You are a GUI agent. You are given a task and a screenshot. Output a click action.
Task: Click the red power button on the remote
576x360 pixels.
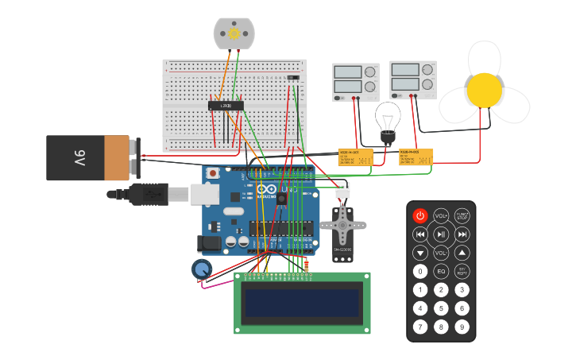(x=420, y=216)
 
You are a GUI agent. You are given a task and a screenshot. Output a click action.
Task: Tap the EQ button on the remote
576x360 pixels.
(x=441, y=271)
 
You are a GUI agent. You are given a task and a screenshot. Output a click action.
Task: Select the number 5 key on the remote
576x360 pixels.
(x=441, y=308)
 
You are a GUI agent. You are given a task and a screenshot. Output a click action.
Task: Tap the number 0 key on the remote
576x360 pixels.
(x=420, y=271)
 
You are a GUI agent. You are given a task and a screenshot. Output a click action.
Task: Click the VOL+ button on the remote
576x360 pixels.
(x=441, y=216)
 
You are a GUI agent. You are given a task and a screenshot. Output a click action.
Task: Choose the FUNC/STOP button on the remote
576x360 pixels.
(x=462, y=216)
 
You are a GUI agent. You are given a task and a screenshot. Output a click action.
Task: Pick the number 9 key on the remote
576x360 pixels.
(x=462, y=326)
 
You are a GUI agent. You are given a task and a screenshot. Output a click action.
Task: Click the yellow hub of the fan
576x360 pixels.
(x=484, y=90)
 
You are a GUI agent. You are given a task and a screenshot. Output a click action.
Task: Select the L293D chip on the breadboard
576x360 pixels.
(x=226, y=105)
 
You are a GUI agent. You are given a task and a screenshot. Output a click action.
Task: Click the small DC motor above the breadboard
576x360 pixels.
(x=234, y=33)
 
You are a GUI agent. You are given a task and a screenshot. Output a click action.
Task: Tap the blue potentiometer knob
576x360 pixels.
(x=202, y=269)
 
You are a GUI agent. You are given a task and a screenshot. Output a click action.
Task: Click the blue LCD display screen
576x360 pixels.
(x=302, y=303)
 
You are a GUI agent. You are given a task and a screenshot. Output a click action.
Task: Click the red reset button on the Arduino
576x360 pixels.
(x=212, y=172)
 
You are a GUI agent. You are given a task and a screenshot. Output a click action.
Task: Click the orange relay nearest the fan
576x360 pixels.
(x=416, y=157)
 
